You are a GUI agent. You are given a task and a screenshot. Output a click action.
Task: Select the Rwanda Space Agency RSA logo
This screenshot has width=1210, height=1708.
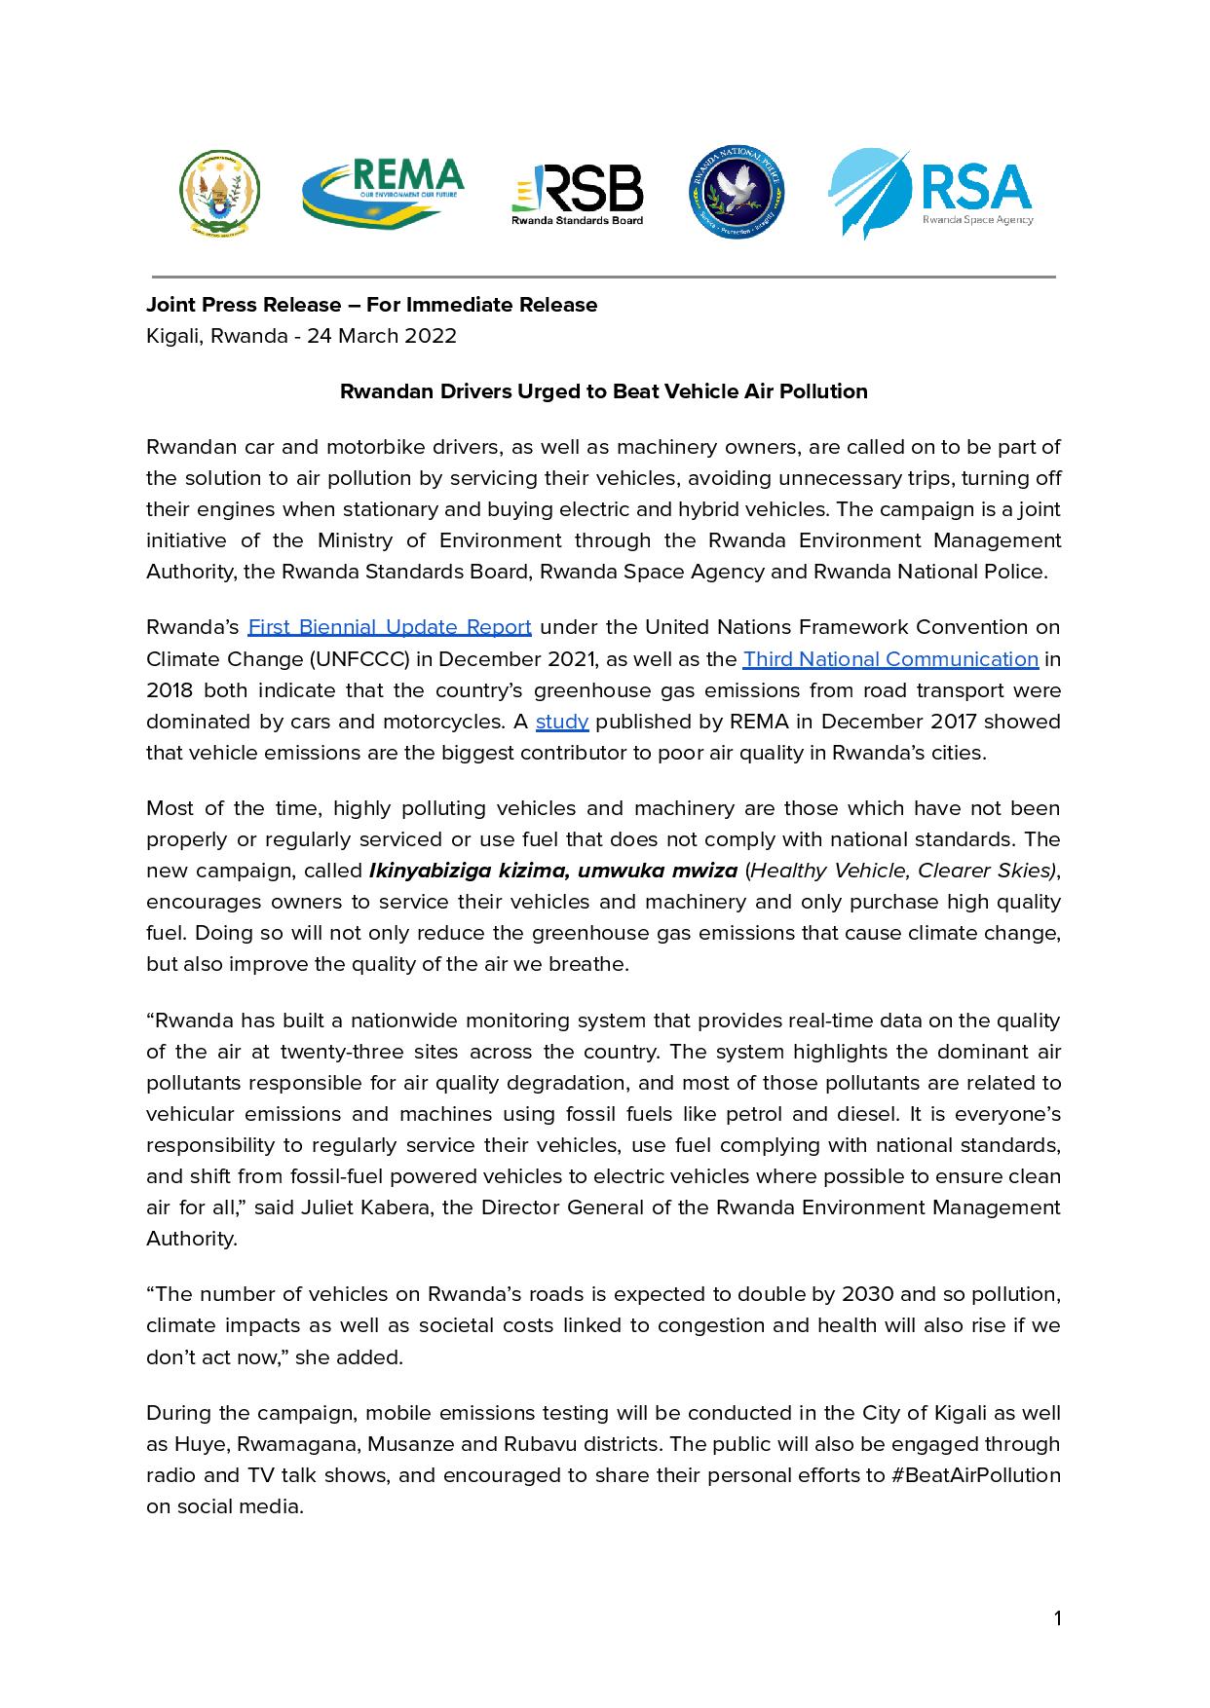click(929, 194)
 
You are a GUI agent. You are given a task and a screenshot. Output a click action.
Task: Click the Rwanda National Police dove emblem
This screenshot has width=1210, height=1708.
click(737, 193)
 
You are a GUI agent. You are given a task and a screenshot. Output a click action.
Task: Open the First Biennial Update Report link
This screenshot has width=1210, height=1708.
click(390, 627)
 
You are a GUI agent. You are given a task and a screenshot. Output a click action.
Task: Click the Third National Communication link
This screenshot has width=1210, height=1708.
click(889, 659)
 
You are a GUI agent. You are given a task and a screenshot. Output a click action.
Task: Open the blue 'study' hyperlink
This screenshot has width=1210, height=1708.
click(562, 722)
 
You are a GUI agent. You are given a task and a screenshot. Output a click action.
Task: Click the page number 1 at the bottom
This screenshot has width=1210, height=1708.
click(1057, 1619)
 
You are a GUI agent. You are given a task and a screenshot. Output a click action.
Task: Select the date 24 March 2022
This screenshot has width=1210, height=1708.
click(382, 336)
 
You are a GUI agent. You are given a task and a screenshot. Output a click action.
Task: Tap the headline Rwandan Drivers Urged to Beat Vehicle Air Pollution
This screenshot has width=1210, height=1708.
click(603, 391)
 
